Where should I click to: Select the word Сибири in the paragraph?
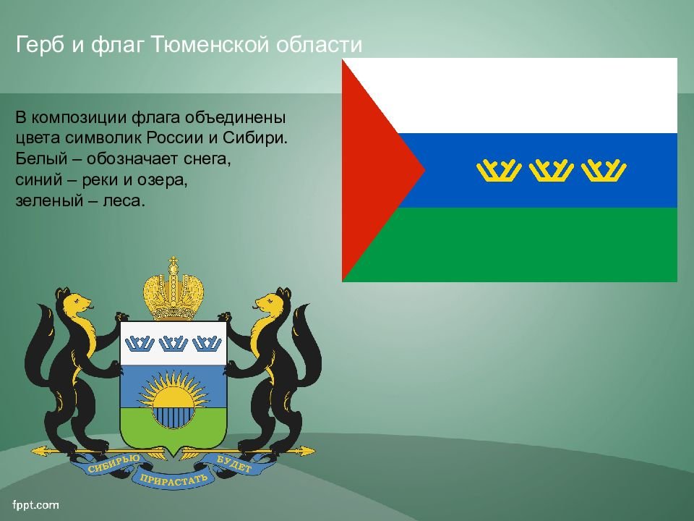point(255,137)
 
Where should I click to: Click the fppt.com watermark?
point(35,504)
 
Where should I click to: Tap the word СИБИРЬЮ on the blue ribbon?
point(113,463)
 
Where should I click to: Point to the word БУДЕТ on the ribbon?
point(234,463)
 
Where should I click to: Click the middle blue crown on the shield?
point(173,343)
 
